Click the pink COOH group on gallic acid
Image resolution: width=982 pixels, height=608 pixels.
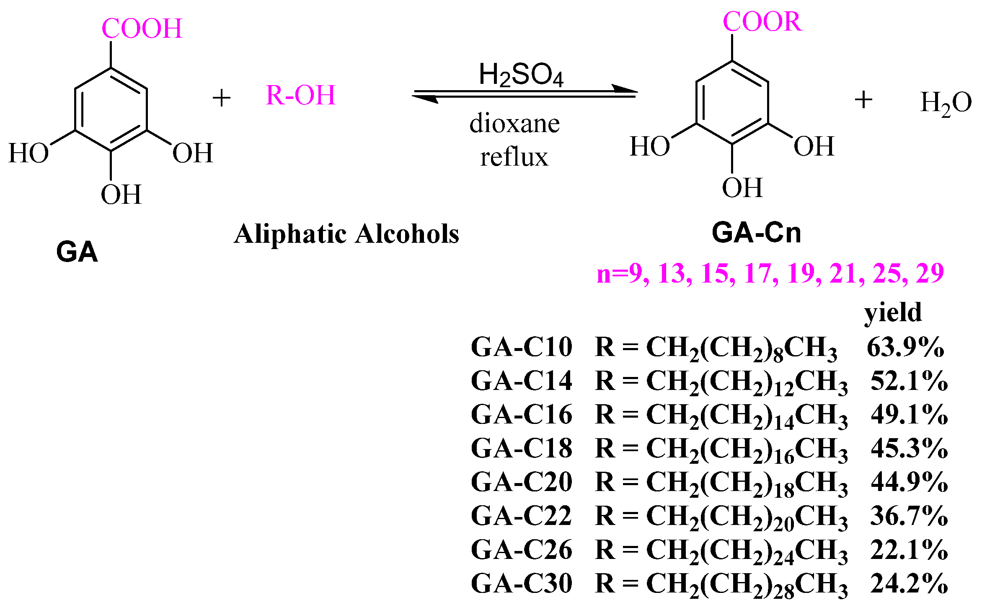point(142,29)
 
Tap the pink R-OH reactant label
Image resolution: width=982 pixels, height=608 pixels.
point(300,96)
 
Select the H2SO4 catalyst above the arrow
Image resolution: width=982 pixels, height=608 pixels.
point(521,75)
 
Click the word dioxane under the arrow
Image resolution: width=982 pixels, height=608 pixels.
point(514,124)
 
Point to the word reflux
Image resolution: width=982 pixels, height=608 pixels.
point(514,157)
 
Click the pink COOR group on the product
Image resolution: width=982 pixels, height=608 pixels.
point(762,22)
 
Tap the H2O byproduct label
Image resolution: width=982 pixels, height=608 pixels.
point(946,103)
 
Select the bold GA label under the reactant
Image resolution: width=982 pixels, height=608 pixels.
point(77,252)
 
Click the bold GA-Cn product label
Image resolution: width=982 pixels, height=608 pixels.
point(756,233)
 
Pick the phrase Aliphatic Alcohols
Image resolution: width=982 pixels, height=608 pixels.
point(346,234)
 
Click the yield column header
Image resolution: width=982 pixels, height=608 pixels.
point(893,313)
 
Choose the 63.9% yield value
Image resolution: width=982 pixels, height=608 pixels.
point(905,347)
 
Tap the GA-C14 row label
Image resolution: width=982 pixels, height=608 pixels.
point(521,381)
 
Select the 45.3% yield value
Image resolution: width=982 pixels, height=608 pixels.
point(909,449)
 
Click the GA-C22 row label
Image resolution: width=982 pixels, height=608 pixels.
point(521,516)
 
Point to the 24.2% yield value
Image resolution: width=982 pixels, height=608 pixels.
point(909,583)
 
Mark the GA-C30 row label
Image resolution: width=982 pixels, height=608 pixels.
point(521,583)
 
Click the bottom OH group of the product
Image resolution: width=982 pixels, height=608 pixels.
point(742,188)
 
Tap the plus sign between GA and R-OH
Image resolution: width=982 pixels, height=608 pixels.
point(222,99)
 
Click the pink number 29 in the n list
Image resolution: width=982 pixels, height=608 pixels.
point(930,273)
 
